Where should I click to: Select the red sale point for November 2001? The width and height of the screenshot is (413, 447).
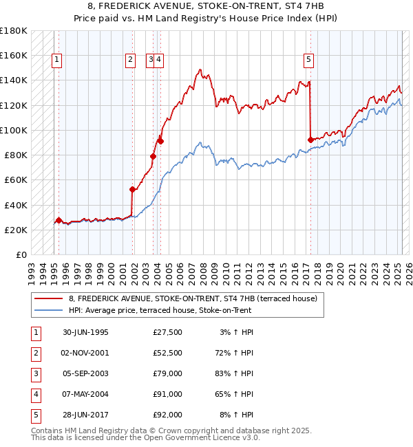pos(132,189)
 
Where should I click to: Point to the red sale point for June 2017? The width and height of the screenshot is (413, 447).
pos(310,140)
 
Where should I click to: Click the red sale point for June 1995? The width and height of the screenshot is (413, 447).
pos(59,221)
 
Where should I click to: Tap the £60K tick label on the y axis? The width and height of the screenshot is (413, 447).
pos(15,179)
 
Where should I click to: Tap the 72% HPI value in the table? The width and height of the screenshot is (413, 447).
pos(233,353)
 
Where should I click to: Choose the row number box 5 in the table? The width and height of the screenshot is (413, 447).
pos(35,415)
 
